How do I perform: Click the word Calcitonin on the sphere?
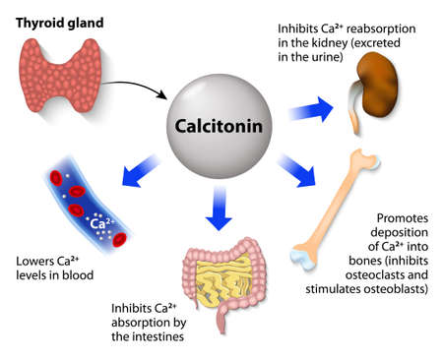(221, 129)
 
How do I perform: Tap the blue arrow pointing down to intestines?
(221, 210)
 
